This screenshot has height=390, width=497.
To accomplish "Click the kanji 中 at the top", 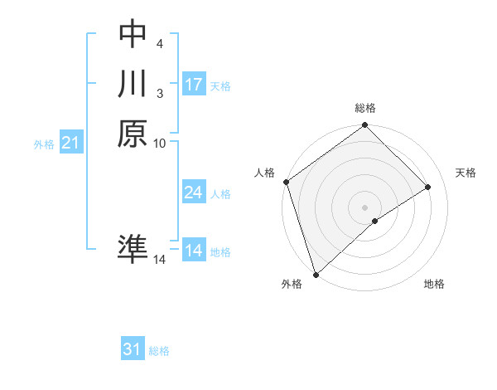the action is [133, 34].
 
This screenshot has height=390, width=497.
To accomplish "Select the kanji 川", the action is [133, 84].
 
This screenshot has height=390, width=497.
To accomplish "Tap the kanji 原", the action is [133, 134].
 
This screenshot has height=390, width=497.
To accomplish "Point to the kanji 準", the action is [133, 250].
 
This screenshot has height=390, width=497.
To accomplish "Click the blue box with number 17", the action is [193, 85].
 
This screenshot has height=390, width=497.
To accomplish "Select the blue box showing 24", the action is [193, 193].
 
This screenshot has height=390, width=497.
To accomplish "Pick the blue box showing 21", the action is [71, 143].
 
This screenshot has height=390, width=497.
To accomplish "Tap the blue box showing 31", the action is [133, 350].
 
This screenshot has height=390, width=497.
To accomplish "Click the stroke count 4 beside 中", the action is [159, 42].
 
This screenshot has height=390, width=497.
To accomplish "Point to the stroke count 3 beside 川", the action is [159, 92].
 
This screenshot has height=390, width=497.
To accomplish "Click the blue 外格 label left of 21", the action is [44, 144].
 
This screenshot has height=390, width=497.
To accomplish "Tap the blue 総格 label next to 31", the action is [159, 352].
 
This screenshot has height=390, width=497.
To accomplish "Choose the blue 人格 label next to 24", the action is [220, 194].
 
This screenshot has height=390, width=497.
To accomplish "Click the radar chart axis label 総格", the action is [365, 108].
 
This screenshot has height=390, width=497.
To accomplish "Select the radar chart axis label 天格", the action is [466, 173].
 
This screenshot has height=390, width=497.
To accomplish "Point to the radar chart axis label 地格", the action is [434, 285].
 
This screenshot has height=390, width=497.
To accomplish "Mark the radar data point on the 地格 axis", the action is [375, 221].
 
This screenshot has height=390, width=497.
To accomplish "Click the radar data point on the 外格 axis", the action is [316, 274].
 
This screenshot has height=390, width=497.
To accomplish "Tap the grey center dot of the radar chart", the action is [365, 207].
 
